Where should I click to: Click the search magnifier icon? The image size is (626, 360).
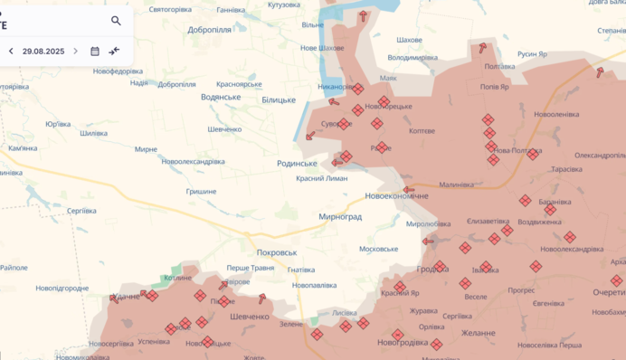(116, 21)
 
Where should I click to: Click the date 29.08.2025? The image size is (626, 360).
(43, 52)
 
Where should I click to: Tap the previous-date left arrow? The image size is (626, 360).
(11, 52)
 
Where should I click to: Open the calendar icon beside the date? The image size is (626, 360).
(95, 52)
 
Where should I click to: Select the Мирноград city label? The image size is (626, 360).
(340, 217)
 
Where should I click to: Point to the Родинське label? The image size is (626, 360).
(297, 164)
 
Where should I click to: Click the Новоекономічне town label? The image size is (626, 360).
(396, 196)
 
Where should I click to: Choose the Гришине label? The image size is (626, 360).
(201, 192)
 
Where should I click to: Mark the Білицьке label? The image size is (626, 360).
(278, 99)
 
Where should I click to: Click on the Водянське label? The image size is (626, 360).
(221, 97)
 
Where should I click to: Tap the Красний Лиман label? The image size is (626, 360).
(321, 179)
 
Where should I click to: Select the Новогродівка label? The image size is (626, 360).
(403, 342)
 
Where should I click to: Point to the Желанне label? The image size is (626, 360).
(478, 333)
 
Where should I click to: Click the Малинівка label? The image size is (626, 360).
(455, 185)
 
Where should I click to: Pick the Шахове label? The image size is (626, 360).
(409, 40)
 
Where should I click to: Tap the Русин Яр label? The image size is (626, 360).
(533, 54)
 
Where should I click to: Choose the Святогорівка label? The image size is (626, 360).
(170, 9)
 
